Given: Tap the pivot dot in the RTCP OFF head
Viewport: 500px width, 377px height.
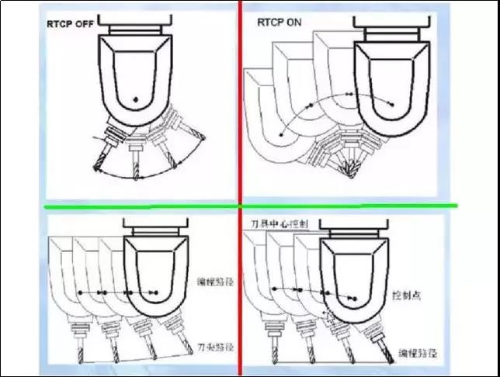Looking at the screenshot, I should tap(136, 99).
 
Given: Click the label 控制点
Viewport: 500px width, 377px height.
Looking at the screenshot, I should tap(407, 297).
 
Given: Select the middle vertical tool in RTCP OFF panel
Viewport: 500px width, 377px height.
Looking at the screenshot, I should tap(136, 159).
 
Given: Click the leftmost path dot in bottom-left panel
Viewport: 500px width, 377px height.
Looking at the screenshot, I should tap(79, 292).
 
